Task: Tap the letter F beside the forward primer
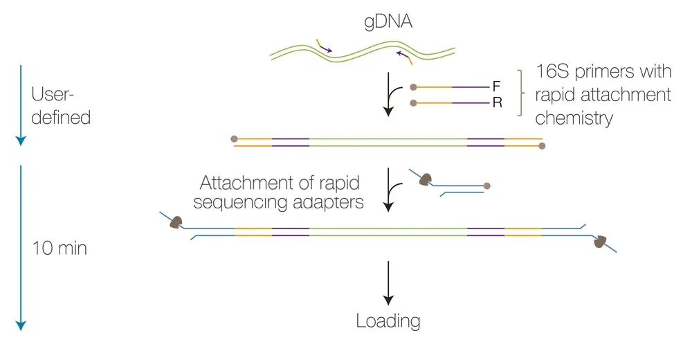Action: [x=496, y=87]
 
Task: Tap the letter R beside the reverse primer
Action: [x=496, y=104]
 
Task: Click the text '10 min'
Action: [x=60, y=248]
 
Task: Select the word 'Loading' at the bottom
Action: [x=388, y=321]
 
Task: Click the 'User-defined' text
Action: [x=61, y=106]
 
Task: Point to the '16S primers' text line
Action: [x=603, y=73]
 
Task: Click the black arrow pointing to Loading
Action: [x=389, y=284]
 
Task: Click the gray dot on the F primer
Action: [x=413, y=87]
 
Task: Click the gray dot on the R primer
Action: [x=413, y=104]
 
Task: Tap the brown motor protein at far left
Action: [x=176, y=223]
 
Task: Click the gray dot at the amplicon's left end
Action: [x=235, y=139]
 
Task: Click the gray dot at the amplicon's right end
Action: [x=542, y=146]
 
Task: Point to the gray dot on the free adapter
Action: [x=487, y=186]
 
